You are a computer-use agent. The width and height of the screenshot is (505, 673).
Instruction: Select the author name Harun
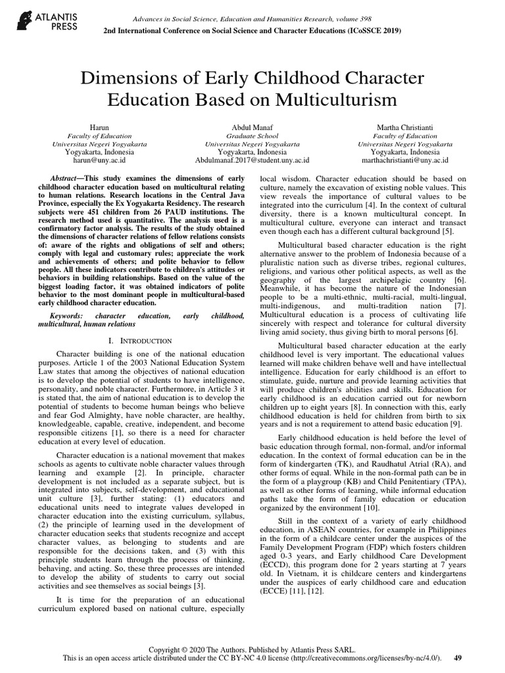coord(97,125)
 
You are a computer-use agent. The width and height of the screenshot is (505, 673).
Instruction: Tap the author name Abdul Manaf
coord(252,125)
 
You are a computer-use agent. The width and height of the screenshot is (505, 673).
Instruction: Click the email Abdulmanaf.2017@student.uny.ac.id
coord(252,159)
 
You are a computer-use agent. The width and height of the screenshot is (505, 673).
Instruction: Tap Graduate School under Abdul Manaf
coord(252,134)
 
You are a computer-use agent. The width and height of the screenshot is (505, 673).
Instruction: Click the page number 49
coord(458,658)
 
